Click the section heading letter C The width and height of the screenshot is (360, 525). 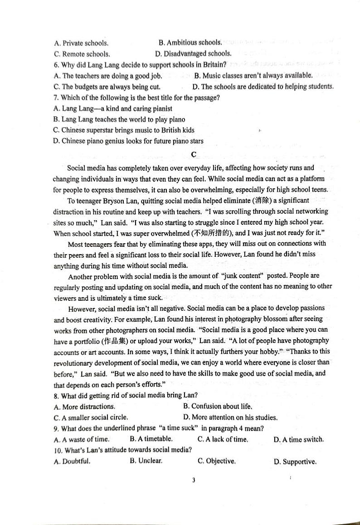coord(194,154)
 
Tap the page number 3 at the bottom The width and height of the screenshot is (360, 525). coord(194,480)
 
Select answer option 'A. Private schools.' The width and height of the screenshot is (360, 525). coord(81,43)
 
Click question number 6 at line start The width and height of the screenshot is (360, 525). coord(56,65)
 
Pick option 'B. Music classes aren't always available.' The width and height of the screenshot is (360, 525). coord(253,76)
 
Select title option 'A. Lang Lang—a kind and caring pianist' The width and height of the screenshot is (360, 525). coord(112,109)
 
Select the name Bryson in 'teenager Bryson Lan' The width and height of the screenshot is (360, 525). coord(112,201)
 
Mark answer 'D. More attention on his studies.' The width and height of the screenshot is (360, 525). coord(230,417)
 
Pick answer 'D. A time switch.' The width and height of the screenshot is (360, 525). coord(299,439)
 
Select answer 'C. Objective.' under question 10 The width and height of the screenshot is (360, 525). coord(217,461)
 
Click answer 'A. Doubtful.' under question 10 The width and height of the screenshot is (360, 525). coord(72,462)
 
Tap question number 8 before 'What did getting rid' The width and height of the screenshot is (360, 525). coord(56,395)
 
